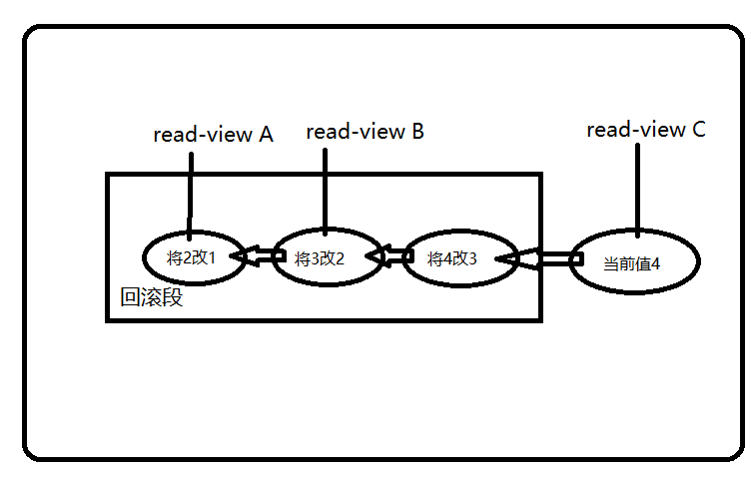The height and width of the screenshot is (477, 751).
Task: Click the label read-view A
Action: pyautogui.click(x=213, y=135)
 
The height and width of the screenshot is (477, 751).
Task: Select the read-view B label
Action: pyautogui.click(x=365, y=132)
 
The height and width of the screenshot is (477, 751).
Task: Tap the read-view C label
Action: pyautogui.click(x=646, y=130)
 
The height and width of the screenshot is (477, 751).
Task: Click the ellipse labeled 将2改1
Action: pyautogui.click(x=193, y=257)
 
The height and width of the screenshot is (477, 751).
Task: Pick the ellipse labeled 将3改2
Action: pyautogui.click(x=322, y=257)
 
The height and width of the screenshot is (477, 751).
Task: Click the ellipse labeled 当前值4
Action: pyautogui.click(x=635, y=263)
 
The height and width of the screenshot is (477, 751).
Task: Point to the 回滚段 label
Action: pyautogui.click(x=151, y=296)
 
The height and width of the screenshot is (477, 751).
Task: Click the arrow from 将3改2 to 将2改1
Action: pyautogui.click(x=259, y=257)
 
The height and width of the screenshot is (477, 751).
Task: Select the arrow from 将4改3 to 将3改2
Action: pyautogui.click(x=390, y=257)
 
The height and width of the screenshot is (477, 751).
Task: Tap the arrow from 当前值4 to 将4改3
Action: pyautogui.click(x=540, y=259)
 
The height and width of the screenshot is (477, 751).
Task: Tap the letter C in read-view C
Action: pyautogui.click(x=698, y=130)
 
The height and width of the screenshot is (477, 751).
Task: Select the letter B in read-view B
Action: pyautogui.click(x=416, y=132)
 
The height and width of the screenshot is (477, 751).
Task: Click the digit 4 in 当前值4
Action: pyautogui.click(x=656, y=264)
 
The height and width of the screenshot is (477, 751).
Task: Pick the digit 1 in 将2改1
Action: pyautogui.click(x=211, y=257)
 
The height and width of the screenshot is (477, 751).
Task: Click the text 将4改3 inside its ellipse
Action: pyautogui.click(x=452, y=258)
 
